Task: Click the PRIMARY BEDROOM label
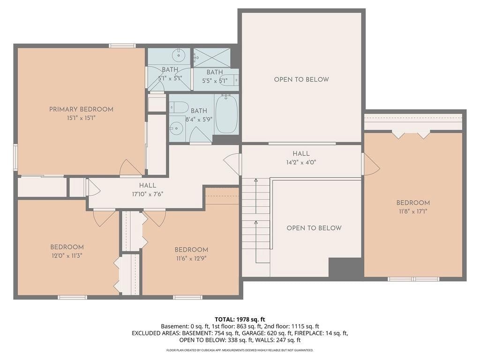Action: click(81, 109)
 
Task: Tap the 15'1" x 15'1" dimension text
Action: click(81, 118)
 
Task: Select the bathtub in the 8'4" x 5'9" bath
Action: click(226, 114)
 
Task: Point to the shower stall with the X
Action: click(212, 58)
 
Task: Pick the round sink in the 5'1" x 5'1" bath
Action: click(178, 55)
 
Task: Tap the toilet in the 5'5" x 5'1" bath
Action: click(229, 80)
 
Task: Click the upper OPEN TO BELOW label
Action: click(301, 80)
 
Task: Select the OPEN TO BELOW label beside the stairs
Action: click(314, 228)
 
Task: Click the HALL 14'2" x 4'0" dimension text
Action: click(301, 162)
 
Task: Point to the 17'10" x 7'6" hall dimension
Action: click(148, 194)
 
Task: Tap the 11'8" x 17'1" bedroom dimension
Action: click(413, 211)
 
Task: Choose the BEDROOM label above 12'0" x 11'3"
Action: click(67, 247)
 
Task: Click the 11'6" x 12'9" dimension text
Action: click(191, 258)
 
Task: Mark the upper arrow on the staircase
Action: click(255, 196)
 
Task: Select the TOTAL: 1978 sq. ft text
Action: click(240, 320)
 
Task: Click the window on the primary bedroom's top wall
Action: click(122, 46)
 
